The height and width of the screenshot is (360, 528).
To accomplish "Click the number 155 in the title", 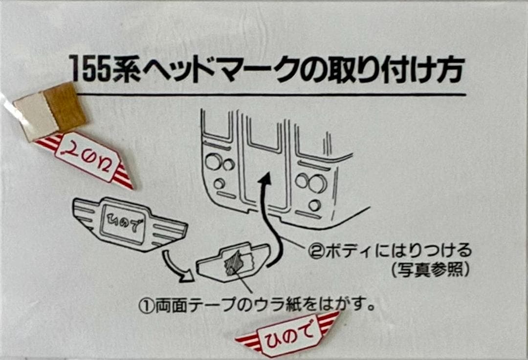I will pyautogui.click(x=89, y=69).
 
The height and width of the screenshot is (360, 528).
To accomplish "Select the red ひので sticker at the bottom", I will pyautogui.click(x=287, y=334).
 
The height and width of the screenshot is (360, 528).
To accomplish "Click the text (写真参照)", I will pyautogui.click(x=430, y=270).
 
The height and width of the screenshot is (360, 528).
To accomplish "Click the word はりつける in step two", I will pyautogui.click(x=434, y=252).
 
